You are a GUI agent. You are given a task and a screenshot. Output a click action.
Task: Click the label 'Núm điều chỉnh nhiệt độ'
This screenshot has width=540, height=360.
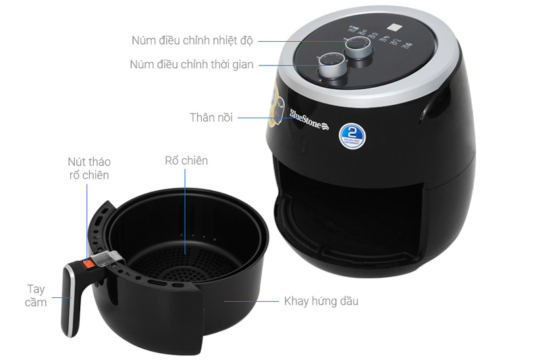(192, 41)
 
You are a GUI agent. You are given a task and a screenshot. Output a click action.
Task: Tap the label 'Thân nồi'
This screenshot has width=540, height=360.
(211, 118)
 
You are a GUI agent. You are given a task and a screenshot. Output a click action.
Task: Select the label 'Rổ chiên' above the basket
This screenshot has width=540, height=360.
(186, 161)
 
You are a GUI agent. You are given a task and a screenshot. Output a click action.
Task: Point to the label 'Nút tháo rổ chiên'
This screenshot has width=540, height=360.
(88, 168)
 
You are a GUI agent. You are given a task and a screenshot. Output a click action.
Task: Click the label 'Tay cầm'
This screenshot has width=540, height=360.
(36, 295)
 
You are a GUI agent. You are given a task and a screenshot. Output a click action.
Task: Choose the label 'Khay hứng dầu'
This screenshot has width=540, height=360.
(321, 301)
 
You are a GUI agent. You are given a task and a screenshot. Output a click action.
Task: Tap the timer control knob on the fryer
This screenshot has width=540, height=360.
(331, 66)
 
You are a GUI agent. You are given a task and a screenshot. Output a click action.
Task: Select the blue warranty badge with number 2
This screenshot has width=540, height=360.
(352, 134)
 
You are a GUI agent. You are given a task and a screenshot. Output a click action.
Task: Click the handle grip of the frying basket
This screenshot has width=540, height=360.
(70, 300)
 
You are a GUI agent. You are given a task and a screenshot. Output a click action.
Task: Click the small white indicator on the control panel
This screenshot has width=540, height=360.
(391, 29)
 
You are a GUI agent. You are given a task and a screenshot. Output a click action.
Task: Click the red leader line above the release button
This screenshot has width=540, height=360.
(86, 216)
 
